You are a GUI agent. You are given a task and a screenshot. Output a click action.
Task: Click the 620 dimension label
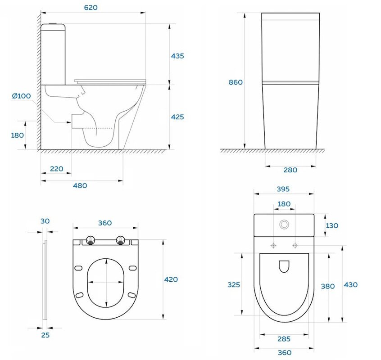pyautogui.click(x=91, y=8)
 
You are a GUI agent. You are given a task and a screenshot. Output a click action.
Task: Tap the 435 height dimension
pyautogui.click(x=177, y=56)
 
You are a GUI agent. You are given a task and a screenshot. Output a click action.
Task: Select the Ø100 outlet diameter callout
pyautogui.click(x=21, y=96)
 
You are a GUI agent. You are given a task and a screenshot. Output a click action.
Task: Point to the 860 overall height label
pyautogui.click(x=236, y=82)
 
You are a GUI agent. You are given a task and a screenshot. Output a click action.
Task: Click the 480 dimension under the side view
pyautogui.click(x=80, y=186)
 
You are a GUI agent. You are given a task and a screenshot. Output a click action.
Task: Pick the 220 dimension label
pyautogui.click(x=57, y=169)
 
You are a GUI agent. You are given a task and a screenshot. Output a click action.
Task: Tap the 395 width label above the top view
pyautogui.click(x=283, y=189)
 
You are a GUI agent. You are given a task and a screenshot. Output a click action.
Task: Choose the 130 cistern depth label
pyautogui.click(x=331, y=226)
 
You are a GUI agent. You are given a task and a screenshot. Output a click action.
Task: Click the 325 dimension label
pyautogui.click(x=234, y=285)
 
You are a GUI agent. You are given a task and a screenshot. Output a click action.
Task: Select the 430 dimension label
pyautogui.click(x=351, y=285)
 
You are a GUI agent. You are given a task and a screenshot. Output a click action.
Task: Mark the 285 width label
pyautogui.click(x=284, y=339)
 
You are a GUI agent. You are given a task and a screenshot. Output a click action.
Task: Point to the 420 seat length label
pyautogui.click(x=171, y=279)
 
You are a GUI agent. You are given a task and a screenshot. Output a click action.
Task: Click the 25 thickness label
pyautogui.click(x=45, y=335)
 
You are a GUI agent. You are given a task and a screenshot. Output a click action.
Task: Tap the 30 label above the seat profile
pyautogui.click(x=45, y=221)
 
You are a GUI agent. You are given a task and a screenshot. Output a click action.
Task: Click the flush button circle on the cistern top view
pyautogui.click(x=284, y=225)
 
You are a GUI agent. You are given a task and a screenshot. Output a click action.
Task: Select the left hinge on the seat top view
pyautogui.click(x=91, y=240)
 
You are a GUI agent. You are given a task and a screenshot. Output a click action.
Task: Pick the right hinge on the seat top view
pyautogui.click(x=120, y=240)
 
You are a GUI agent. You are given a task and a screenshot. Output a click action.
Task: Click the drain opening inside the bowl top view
pyautogui.click(x=284, y=266)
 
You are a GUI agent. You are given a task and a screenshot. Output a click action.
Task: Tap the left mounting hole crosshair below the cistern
pyautogui.click(x=273, y=246)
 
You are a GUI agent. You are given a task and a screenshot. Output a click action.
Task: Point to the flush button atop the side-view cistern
pyautogui.click(x=53, y=23)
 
